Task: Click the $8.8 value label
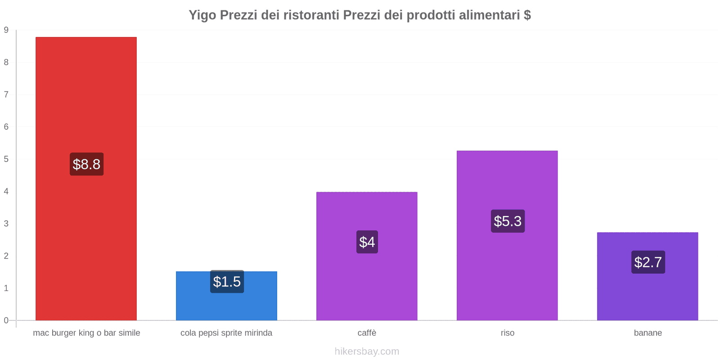86,164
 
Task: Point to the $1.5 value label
227,282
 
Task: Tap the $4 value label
367,242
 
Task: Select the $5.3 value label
508,221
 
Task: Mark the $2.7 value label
648,262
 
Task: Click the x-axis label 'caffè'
367,333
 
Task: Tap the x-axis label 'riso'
508,333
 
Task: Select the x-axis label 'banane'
648,333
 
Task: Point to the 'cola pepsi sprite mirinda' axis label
226,333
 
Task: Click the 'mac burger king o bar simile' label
86,333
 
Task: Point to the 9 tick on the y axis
6,30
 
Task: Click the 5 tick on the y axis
6,159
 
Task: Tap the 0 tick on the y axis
6,320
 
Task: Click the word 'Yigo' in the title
202,15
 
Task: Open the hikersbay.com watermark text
367,351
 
